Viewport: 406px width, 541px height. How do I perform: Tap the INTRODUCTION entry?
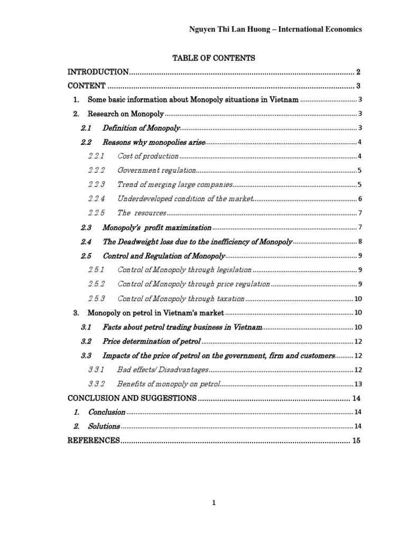click(x=98, y=72)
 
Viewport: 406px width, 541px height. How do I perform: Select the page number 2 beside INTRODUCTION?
click(x=358, y=72)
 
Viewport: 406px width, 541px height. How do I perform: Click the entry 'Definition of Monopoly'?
click(x=141, y=128)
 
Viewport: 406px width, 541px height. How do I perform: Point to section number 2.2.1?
click(x=96, y=156)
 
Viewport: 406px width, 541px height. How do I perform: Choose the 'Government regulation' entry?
click(x=156, y=171)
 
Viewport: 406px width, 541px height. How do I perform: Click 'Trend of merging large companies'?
click(x=174, y=185)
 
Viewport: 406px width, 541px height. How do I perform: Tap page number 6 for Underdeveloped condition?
click(x=359, y=199)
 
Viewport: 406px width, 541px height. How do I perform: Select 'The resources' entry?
click(x=142, y=213)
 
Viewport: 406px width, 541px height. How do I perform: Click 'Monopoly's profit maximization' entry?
click(x=156, y=228)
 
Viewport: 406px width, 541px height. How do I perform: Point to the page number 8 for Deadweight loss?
click(x=359, y=242)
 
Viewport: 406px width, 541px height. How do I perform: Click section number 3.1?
click(x=87, y=328)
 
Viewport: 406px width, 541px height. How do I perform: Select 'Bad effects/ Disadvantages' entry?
click(x=163, y=370)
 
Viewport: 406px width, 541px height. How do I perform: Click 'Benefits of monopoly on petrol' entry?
click(x=168, y=384)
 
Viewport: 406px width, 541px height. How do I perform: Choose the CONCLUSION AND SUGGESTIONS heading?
click(x=132, y=398)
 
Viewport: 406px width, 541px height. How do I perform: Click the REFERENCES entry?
click(x=94, y=441)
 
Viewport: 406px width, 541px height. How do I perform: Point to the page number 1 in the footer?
click(x=214, y=503)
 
